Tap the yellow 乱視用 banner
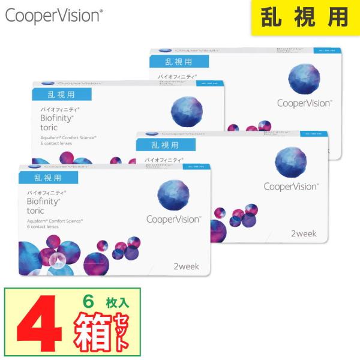[305, 18]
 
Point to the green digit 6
[89, 302]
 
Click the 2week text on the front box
[185, 266]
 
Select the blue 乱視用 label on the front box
[49, 177]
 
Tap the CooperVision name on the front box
[173, 220]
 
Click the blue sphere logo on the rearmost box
[304, 78]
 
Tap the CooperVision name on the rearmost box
[304, 103]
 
